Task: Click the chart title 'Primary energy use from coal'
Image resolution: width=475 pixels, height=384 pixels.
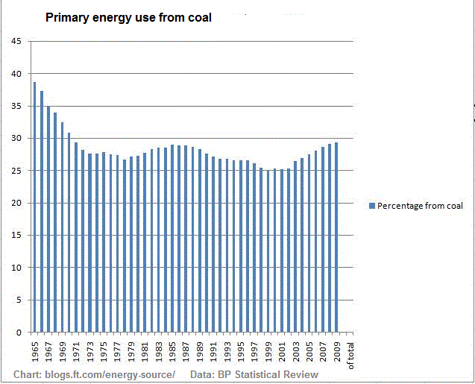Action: (128, 17)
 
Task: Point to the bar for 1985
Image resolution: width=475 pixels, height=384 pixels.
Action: (172, 239)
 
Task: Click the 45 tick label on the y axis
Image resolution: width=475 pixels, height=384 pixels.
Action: (16, 42)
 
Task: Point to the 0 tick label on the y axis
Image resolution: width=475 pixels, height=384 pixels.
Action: (19, 332)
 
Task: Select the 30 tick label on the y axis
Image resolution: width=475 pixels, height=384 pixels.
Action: (16, 139)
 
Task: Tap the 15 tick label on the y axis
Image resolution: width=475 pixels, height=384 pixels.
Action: (16, 236)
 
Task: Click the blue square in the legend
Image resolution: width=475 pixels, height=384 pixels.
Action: (372, 206)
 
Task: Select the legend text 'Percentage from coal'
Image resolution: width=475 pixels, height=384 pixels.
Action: (420, 206)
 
